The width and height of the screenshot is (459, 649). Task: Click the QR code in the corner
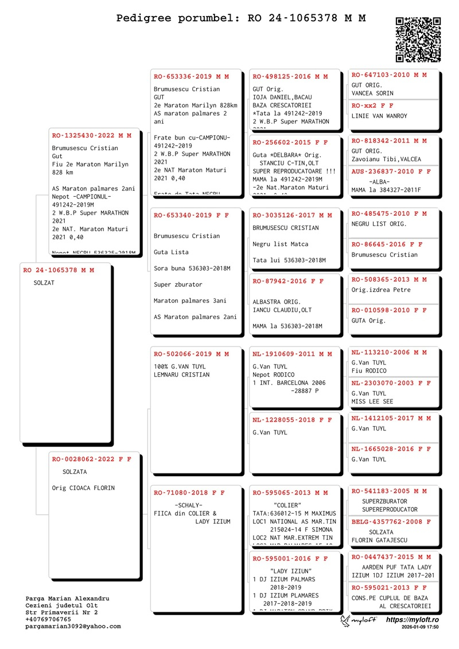[418, 40]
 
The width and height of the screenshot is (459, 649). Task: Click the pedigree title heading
[241, 18]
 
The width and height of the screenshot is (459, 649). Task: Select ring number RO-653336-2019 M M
[191, 76]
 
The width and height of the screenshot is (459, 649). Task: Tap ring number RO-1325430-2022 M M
[92, 136]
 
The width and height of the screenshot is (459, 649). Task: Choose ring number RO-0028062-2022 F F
[92, 459]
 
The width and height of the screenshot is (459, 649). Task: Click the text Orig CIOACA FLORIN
[83, 488]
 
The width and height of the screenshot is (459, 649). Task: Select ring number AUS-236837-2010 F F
[391, 172]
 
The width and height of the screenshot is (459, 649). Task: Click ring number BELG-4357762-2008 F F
[391, 522]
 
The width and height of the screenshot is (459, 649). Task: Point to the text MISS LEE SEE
[372, 402]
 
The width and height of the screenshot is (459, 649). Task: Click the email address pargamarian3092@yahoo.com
[73, 627]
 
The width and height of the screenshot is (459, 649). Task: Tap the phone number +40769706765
[48, 620]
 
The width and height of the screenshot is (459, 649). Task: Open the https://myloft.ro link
[413, 620]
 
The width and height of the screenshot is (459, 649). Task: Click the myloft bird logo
[345, 621]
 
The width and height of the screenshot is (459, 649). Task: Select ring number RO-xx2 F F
[372, 106]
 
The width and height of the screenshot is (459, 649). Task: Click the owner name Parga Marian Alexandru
[67, 599]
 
